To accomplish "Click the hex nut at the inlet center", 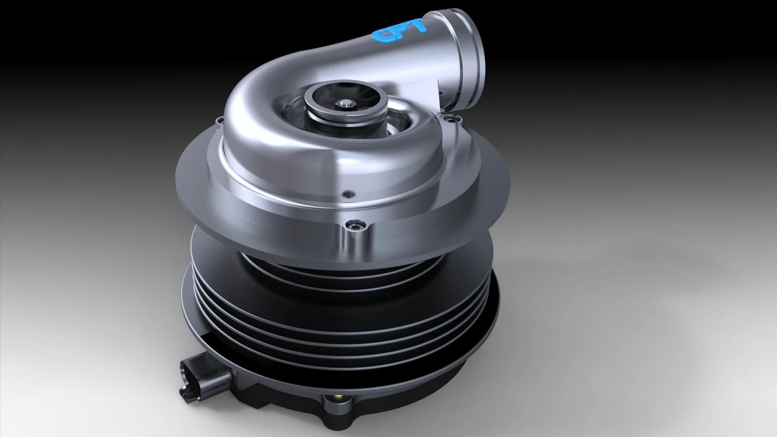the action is (x=345, y=103).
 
